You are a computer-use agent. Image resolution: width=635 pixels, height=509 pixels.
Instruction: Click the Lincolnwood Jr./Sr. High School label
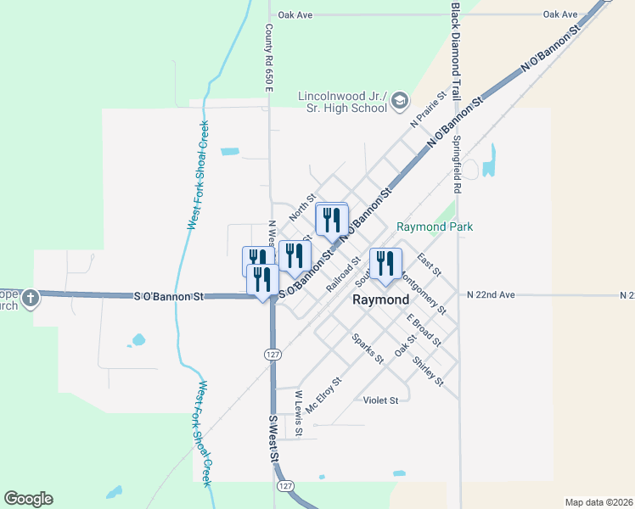[x=343, y=102]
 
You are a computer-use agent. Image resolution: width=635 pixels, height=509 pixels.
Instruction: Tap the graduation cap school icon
[x=400, y=103]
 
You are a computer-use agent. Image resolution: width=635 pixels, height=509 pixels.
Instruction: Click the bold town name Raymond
[x=380, y=300]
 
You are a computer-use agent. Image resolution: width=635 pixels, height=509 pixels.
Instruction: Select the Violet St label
[x=380, y=400]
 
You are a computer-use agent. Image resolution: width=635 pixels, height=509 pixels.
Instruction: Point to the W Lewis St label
[x=299, y=409]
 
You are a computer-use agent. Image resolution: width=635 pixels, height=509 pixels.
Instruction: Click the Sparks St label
[x=368, y=348]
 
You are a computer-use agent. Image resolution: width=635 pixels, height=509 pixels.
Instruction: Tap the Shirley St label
[x=427, y=371]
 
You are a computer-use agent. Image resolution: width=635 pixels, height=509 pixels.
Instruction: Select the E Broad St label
[x=424, y=331]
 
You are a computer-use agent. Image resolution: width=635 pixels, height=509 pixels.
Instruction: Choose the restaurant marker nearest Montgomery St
[x=385, y=263]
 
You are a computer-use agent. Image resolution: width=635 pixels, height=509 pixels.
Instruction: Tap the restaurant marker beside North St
[x=331, y=220]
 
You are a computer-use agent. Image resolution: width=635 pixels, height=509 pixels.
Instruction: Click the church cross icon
[x=31, y=298]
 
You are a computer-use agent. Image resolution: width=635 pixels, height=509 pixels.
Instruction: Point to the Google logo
[x=28, y=499]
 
